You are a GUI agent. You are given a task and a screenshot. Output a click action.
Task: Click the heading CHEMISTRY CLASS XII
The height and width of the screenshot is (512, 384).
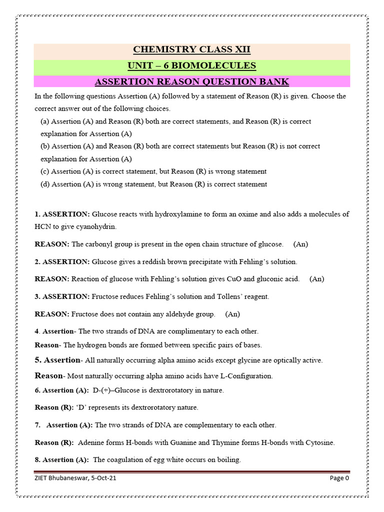[191, 49]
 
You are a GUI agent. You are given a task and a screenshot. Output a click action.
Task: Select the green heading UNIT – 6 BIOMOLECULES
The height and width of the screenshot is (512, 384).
[191, 65]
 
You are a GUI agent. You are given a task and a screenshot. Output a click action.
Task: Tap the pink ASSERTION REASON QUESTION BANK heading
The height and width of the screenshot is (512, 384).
[191, 81]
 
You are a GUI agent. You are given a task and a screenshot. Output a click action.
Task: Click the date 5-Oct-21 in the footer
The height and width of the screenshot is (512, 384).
[104, 478]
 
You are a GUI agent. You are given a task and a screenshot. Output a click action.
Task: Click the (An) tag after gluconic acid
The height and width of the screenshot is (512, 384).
[316, 279]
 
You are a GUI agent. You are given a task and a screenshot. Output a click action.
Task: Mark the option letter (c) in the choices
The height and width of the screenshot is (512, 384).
[45, 171]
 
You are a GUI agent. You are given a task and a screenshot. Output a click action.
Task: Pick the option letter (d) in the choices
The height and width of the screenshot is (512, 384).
[45, 184]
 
